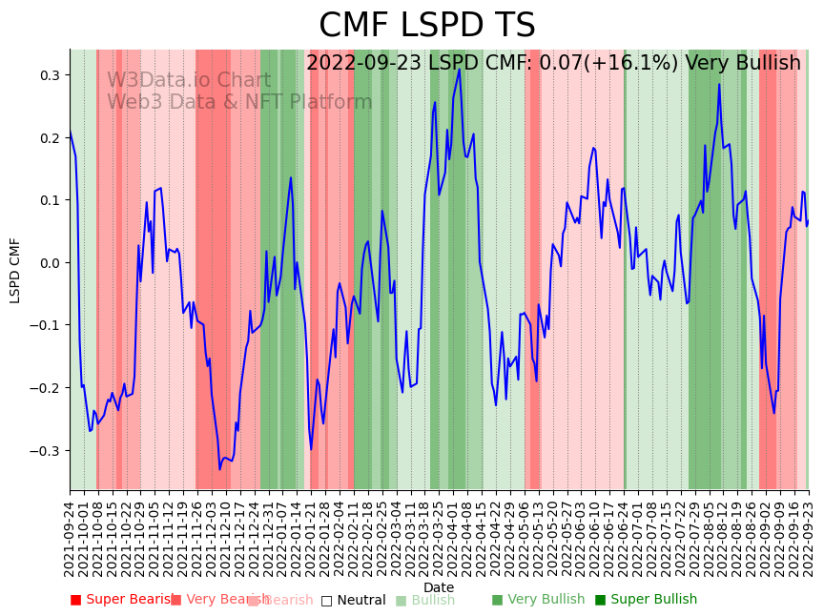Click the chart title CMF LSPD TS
pos(426,26)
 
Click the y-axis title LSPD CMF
pos(15,271)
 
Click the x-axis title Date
pos(439,587)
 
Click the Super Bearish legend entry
pos(121,600)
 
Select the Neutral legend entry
pos(354,600)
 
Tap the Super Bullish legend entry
pos(647,600)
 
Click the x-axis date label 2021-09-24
pos(70,539)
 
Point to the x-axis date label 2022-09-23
pos(809,539)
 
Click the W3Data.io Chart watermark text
pos(189,81)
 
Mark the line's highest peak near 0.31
pos(459,69)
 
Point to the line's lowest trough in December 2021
pos(219,469)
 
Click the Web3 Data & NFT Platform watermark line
pos(239,103)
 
